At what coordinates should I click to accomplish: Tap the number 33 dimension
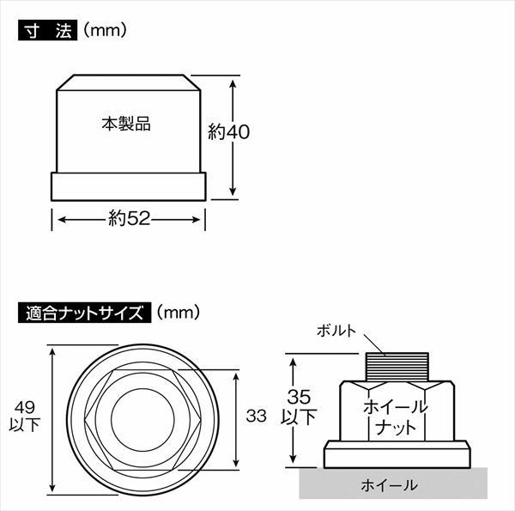click(x=255, y=417)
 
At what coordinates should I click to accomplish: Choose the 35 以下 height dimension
click(x=300, y=408)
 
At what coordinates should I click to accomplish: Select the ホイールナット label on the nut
click(x=395, y=415)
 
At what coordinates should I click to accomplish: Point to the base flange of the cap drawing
click(x=130, y=186)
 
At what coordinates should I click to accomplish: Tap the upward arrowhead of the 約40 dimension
click(x=233, y=84)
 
